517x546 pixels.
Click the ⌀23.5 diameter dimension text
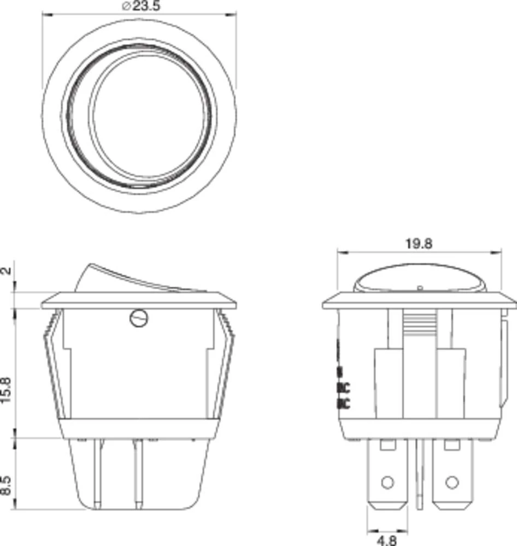pyautogui.click(x=139, y=7)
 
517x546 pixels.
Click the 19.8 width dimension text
pyautogui.click(x=419, y=244)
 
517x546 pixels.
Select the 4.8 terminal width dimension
pyautogui.click(x=386, y=539)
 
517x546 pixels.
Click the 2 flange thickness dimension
pyautogui.click(x=7, y=271)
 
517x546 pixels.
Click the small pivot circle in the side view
pyautogui.click(x=139, y=318)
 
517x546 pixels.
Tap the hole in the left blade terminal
pyautogui.click(x=387, y=482)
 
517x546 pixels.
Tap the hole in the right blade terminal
pyautogui.click(x=451, y=482)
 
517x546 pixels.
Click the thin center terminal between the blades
pyautogui.click(x=420, y=475)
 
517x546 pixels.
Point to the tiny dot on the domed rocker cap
pyautogui.click(x=419, y=287)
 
